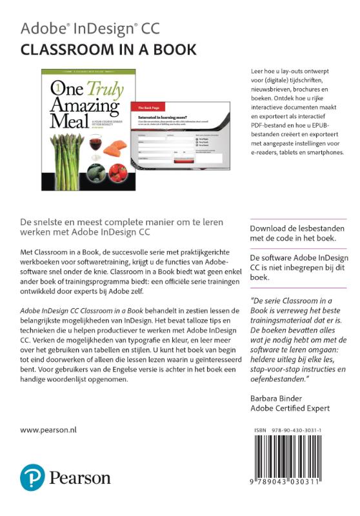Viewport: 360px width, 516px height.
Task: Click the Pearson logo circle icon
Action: click(32, 477)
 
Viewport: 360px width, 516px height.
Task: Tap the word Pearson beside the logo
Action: click(80, 478)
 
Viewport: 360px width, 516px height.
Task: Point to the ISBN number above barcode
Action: click(302, 428)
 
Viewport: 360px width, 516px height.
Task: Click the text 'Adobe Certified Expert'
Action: click(290, 408)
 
